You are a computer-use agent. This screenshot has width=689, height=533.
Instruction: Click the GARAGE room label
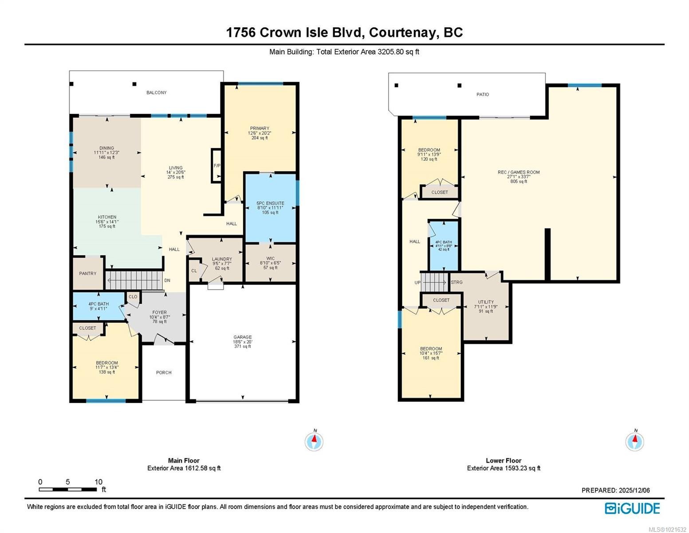242,337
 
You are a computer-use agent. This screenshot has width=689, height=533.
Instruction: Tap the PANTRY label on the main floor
87,274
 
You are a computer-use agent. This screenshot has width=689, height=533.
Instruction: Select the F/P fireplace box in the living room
217,166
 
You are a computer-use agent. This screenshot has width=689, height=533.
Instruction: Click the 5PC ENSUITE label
270,203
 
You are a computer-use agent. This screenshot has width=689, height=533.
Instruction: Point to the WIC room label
270,259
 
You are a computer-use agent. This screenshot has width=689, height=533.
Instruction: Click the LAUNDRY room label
221,259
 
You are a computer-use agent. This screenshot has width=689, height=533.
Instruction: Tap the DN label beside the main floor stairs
167,280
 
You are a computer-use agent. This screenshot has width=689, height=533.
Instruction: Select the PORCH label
164,373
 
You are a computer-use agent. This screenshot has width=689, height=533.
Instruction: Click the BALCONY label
157,93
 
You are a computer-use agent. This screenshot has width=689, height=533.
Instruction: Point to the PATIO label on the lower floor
483,95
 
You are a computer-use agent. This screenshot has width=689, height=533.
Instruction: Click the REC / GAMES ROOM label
519,172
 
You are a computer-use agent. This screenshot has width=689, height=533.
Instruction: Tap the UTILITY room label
486,302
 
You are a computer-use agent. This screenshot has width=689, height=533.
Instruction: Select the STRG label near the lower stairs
457,282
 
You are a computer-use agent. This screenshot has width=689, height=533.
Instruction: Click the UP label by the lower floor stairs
417,282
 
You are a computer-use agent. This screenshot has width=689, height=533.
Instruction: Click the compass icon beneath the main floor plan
314,442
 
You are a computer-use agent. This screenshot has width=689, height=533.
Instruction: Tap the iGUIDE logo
632,508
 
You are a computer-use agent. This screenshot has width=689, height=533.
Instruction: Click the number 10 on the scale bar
98,482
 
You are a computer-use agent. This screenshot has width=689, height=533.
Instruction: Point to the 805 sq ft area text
519,181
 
